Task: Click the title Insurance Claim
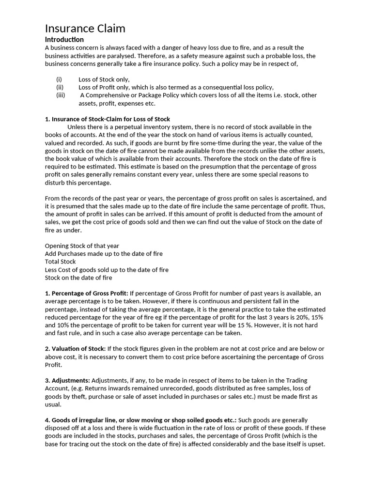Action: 85,29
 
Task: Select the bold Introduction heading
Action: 64,40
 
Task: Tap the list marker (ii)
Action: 60,87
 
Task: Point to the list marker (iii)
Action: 61,95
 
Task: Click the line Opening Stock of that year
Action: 82,246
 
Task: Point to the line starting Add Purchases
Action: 104,254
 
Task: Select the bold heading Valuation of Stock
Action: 78,349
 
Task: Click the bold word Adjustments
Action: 70,381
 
